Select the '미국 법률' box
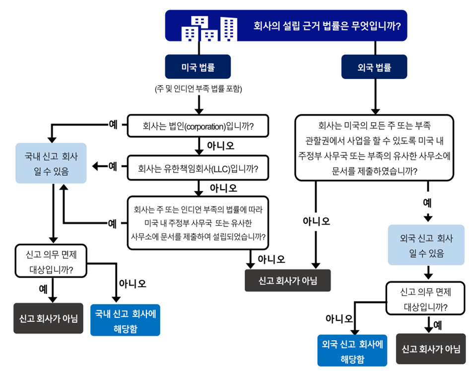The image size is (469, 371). (198, 66)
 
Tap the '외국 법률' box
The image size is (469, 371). (374, 66)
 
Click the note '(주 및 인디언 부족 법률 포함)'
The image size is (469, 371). (199, 89)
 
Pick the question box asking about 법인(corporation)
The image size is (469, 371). (198, 126)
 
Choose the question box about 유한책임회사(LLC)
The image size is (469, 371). (198, 168)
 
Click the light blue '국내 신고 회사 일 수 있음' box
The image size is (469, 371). (51, 163)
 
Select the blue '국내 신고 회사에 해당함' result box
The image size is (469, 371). (125, 320)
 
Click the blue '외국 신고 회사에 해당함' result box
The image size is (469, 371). (352, 351)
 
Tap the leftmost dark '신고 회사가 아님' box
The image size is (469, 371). (48, 318)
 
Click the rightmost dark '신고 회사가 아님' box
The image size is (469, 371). (431, 349)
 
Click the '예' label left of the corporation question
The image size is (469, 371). (113, 124)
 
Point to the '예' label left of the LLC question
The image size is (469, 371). (113, 165)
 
